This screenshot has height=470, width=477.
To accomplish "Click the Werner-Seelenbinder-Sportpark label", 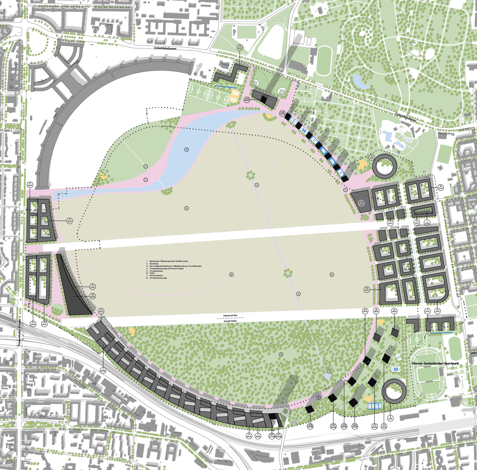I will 435,363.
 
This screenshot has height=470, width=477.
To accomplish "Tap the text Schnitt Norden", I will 230,315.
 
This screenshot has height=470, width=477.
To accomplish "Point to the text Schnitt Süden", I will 230,321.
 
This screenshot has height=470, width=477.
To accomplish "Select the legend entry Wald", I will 152,273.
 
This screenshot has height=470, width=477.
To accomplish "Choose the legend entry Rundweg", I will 154,264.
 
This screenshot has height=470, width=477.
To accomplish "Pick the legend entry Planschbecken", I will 156,276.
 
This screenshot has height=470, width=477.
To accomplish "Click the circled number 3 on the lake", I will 186,149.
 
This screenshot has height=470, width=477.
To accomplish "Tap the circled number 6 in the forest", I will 281,354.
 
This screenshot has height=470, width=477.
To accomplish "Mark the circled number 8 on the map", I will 231,275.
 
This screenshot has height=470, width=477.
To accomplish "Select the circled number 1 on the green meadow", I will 146,167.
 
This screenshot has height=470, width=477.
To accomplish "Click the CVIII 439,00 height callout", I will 247,100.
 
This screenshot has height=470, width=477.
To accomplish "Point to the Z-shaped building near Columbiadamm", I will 231,73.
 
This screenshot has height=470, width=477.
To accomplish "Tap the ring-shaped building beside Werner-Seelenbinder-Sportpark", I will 394,391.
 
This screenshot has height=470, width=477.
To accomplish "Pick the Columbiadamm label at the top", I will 165,48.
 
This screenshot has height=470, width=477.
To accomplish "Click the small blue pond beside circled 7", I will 327,376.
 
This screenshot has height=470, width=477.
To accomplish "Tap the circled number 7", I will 328,371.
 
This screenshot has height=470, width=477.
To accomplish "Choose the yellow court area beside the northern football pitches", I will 234,96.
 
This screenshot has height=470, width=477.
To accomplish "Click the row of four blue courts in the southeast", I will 375,406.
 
